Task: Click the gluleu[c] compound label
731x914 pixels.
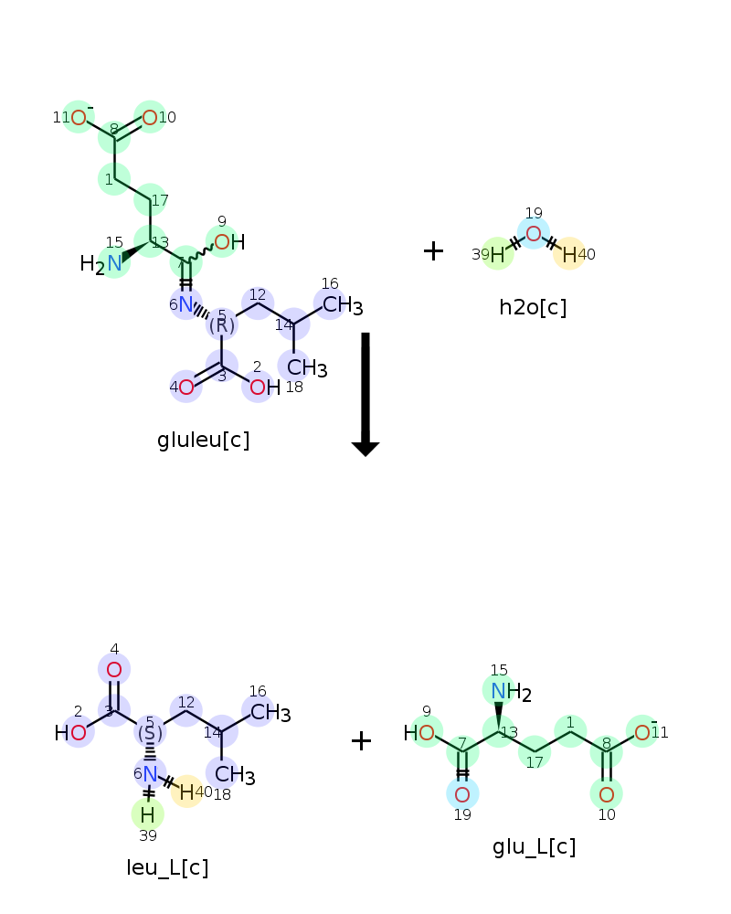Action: pyautogui.click(x=204, y=441)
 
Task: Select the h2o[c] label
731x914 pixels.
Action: pyautogui.click(x=533, y=307)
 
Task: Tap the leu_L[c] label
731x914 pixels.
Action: pyautogui.click(x=167, y=868)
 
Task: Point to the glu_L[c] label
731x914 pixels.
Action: pyautogui.click(x=534, y=847)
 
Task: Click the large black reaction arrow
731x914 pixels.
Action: pyautogui.click(x=365, y=394)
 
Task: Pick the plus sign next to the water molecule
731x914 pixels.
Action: pyautogui.click(x=433, y=251)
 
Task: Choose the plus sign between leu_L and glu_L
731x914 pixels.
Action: pyautogui.click(x=362, y=741)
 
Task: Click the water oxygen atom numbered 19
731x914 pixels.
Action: pyautogui.click(x=534, y=234)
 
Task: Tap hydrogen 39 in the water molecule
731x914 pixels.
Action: pyautogui.click(x=497, y=254)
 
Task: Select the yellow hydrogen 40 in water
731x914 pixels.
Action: pyautogui.click(x=569, y=254)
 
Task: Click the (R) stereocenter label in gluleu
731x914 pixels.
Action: pyautogui.click(x=221, y=325)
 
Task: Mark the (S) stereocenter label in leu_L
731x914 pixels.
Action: pyautogui.click(x=150, y=733)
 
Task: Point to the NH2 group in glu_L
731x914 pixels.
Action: pyautogui.click(x=511, y=692)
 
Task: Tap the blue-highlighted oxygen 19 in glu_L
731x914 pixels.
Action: pyautogui.click(x=462, y=794)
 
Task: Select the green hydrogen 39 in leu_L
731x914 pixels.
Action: pyautogui.click(x=147, y=814)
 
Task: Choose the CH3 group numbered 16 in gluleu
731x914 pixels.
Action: pyautogui.click(x=343, y=305)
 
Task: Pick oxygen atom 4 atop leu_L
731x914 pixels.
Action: pyautogui.click(x=114, y=670)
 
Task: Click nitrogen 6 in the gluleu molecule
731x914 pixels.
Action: pyautogui.click(x=186, y=303)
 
